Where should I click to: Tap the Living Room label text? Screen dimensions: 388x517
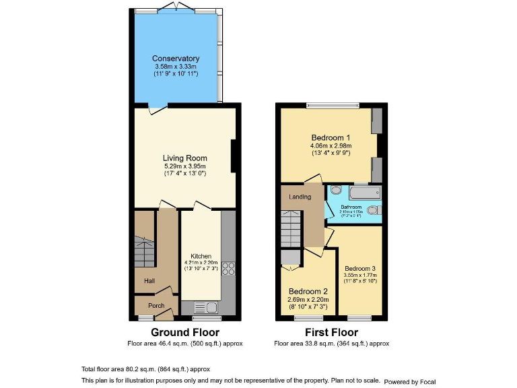click(x=184, y=158)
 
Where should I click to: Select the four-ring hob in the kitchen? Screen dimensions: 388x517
click(x=228, y=268)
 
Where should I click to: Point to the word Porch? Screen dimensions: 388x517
click(x=156, y=305)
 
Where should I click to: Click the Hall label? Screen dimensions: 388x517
click(x=149, y=281)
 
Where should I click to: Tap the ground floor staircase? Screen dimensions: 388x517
click(x=144, y=251)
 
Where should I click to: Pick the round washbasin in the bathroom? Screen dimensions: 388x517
click(x=335, y=191)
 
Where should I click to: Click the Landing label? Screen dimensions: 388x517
click(x=300, y=197)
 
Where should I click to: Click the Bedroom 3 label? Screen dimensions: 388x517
click(x=360, y=268)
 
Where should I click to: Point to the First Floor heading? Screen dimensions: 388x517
click(x=331, y=332)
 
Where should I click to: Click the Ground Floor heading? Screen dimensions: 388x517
click(x=184, y=332)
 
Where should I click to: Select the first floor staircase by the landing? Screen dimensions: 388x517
click(x=291, y=229)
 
